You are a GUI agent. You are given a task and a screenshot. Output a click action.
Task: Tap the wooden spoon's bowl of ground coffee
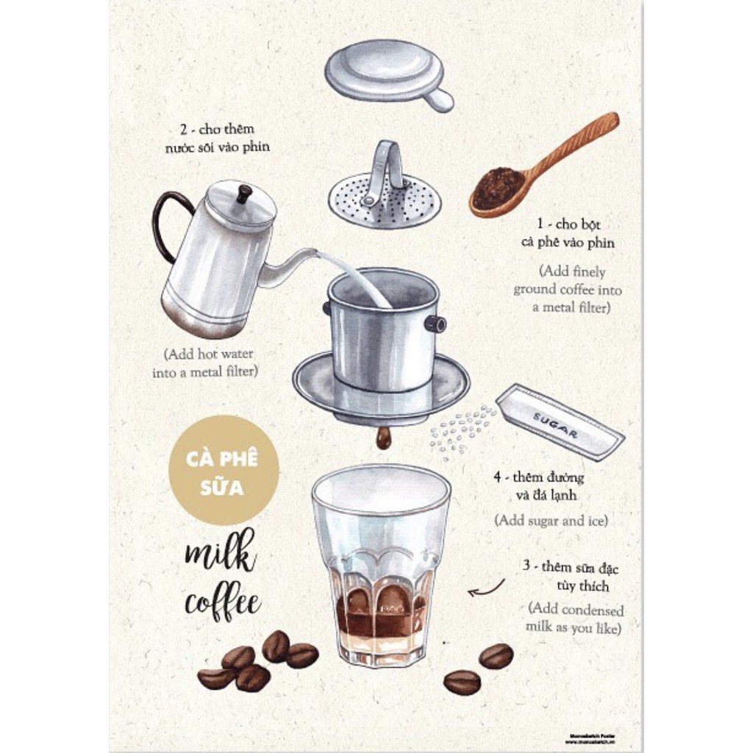click(498, 188)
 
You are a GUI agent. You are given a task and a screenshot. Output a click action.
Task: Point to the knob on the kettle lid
click(244, 193)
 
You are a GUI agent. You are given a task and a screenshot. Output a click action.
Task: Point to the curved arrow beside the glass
click(486, 588)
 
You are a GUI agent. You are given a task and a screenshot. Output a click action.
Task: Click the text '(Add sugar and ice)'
click(551, 520)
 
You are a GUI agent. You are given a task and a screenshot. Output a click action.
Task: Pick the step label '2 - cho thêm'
click(217, 129)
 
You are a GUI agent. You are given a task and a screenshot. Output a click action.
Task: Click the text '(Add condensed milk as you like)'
click(574, 619)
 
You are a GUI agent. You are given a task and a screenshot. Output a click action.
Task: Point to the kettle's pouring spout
click(290, 265)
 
